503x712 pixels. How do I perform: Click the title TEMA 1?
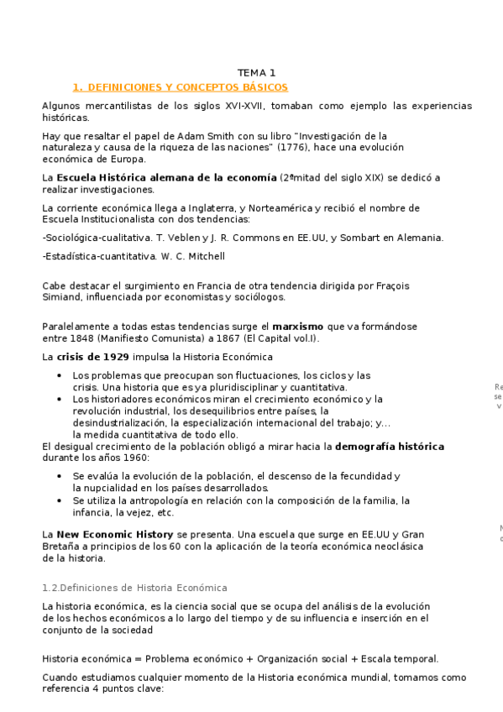pos(256,73)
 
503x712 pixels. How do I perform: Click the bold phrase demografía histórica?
pos(389,446)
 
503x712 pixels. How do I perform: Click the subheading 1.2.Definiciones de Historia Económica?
pos(134,587)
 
